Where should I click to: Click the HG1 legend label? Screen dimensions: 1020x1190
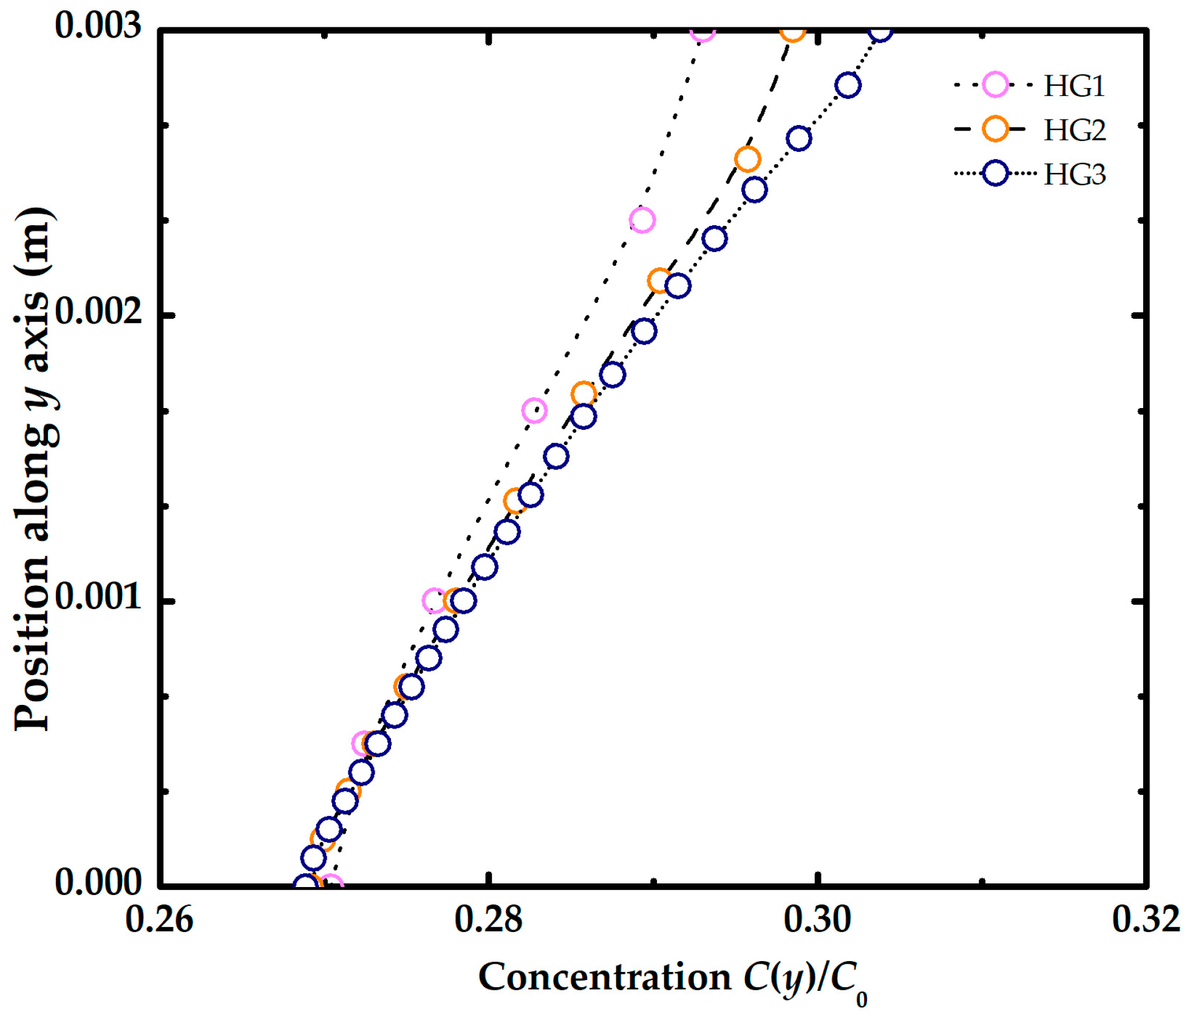pyautogui.click(x=1073, y=86)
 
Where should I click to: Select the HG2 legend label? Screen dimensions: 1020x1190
pyautogui.click(x=1074, y=130)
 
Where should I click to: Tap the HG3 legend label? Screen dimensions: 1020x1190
pyautogui.click(x=1074, y=174)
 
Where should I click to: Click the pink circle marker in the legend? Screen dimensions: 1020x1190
pyautogui.click(x=995, y=85)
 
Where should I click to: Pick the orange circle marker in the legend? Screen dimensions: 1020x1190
pyautogui.click(x=995, y=129)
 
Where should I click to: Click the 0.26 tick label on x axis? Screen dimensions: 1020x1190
pyautogui.click(x=159, y=919)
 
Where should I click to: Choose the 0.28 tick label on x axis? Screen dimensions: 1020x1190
pyautogui.click(x=488, y=919)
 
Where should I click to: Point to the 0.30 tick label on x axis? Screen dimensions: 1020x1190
pyautogui.click(x=817, y=919)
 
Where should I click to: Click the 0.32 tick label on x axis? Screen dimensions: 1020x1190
pyautogui.click(x=1145, y=919)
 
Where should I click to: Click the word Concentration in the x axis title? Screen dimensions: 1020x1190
pyautogui.click(x=605, y=977)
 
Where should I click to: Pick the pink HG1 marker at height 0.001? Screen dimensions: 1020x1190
pyautogui.click(x=433, y=601)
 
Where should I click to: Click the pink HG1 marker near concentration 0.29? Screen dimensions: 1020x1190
pyautogui.click(x=642, y=220)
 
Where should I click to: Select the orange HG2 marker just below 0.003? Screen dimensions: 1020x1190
pyautogui.click(x=747, y=160)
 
